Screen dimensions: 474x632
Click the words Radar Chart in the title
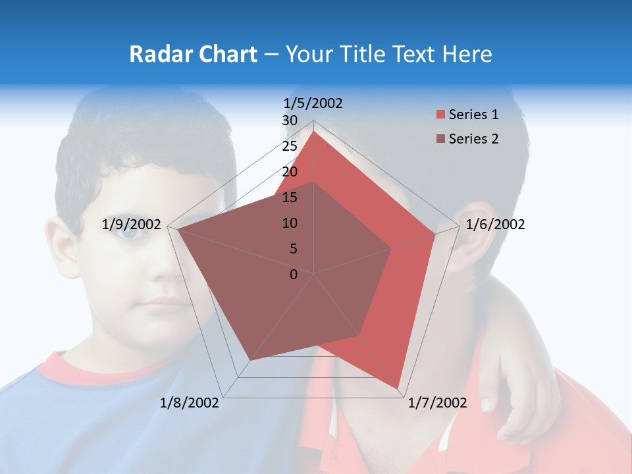193,54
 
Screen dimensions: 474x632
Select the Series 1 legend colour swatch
440,115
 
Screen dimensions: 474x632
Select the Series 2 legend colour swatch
440,139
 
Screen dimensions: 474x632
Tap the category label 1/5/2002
313,103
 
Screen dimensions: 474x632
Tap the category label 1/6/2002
495,224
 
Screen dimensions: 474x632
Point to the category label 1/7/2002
437,403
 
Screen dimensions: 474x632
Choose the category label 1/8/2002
190,403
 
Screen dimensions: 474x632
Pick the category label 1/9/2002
132,224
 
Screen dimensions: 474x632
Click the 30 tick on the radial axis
290,120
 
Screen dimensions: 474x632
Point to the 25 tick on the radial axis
290,146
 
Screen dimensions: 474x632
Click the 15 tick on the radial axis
290,197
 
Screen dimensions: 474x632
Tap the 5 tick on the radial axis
293,249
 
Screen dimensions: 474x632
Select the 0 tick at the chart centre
294,275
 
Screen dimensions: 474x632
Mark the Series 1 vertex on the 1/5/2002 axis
314,131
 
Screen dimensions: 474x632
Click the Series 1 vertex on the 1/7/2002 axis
398,388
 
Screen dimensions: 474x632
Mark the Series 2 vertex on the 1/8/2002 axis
251,360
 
